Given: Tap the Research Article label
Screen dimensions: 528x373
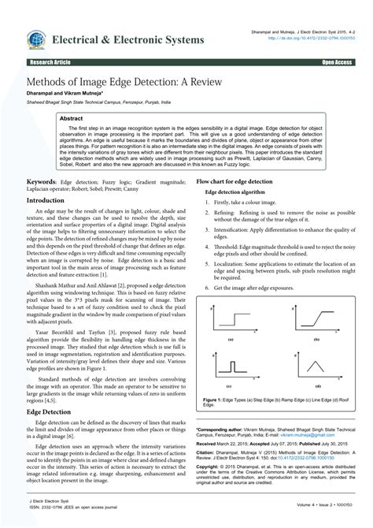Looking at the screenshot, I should pyautogui.click(x=48, y=61).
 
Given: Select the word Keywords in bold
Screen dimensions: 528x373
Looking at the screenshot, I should pyautogui.click(x=42, y=180).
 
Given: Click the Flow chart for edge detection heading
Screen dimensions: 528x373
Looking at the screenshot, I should pyautogui.click(x=234, y=180).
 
